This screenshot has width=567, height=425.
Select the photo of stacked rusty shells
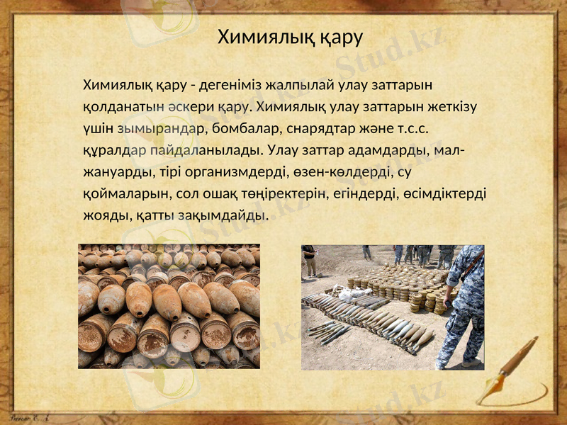click(169, 306)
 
